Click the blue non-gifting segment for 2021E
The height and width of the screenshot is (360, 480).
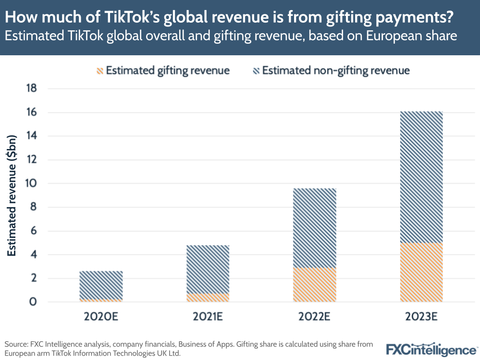click(208, 269)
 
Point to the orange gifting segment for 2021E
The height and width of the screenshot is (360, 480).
click(208, 298)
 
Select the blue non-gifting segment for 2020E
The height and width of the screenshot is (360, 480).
click(101, 285)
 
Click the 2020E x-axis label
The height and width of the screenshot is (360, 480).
click(101, 318)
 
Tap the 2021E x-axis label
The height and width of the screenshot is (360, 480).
click(208, 318)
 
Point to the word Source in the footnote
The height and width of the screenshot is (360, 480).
click(16, 345)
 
